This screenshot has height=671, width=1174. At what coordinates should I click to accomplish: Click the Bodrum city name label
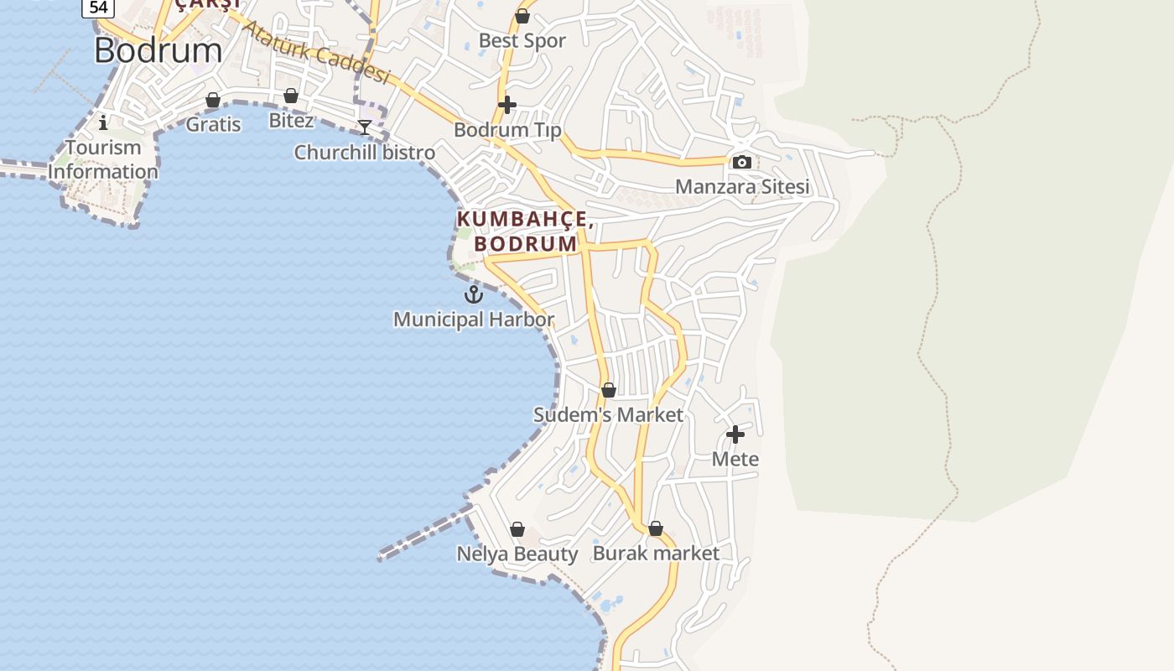click(158, 50)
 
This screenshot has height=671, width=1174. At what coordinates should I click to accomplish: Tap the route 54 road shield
click(98, 8)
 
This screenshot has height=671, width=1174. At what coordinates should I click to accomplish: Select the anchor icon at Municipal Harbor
click(474, 294)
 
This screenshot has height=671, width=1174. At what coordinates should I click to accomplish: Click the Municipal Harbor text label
click(474, 320)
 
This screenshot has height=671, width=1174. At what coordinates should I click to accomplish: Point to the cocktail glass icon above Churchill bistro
click(365, 127)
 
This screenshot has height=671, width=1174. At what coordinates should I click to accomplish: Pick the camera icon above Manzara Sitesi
click(742, 162)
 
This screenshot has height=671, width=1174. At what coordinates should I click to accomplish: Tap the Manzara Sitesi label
click(742, 186)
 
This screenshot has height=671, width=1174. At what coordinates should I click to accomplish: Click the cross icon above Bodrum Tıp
click(507, 105)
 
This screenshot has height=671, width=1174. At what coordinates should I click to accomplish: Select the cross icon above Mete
click(735, 434)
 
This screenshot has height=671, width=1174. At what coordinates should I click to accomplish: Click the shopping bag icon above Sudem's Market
click(609, 390)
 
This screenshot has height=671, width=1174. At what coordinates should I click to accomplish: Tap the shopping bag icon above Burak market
click(656, 528)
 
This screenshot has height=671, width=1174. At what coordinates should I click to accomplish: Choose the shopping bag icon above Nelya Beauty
click(517, 529)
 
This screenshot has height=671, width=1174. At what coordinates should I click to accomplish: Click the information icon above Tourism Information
click(103, 122)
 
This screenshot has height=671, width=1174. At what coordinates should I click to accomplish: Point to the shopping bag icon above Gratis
click(213, 100)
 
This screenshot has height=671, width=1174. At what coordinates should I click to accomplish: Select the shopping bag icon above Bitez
click(291, 96)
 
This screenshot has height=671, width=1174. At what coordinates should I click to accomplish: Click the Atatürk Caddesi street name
click(316, 52)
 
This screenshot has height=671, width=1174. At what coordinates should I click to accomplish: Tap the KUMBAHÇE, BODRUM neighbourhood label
click(526, 231)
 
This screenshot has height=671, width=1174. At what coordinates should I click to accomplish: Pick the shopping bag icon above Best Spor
click(522, 16)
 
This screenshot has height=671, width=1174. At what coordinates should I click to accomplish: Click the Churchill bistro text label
click(365, 153)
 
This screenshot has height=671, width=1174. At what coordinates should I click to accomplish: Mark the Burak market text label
click(656, 554)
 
